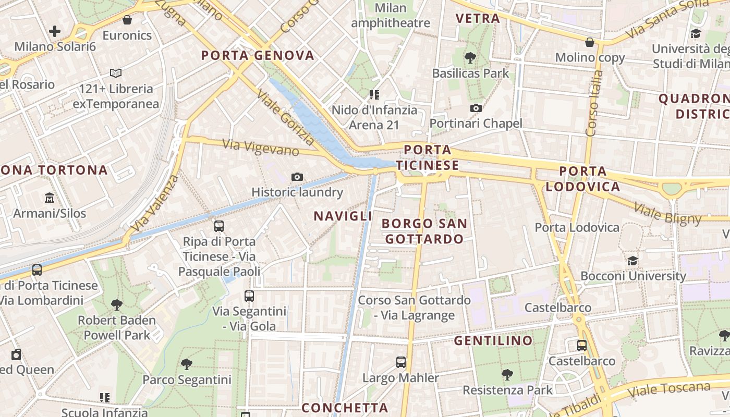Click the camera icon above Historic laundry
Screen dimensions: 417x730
[x=297, y=177]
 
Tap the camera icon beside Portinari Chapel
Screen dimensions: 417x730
[x=476, y=108]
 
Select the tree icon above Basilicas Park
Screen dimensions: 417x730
[x=470, y=58]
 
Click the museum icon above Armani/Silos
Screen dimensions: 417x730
[x=50, y=198]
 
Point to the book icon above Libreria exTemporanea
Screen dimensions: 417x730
[x=116, y=73]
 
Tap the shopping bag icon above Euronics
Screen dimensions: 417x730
[x=127, y=20]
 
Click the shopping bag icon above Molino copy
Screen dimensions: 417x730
[x=590, y=42]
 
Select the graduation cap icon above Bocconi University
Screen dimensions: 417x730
[x=632, y=261]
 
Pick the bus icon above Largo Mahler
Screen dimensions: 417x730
[x=400, y=362]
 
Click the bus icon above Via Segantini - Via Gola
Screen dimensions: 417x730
[x=249, y=296]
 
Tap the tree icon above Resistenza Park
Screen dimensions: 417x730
[x=507, y=374]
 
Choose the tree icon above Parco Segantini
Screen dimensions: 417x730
[x=187, y=364]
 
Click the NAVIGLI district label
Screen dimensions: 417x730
[x=343, y=216]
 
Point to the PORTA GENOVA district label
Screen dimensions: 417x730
[x=258, y=55]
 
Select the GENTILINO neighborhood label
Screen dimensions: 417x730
[x=493, y=341]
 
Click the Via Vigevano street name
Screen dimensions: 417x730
[x=261, y=147]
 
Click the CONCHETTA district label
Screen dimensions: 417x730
[x=345, y=408]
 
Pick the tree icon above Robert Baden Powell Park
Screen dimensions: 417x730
[x=117, y=304]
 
